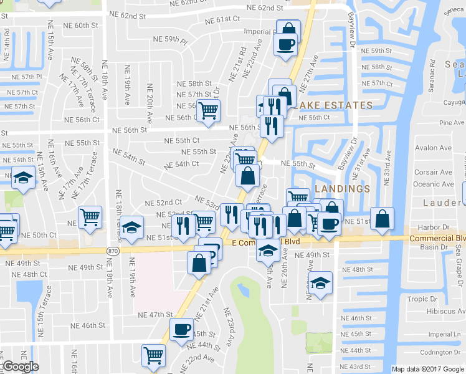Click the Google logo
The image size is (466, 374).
21,367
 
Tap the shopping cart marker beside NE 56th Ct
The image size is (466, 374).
208,110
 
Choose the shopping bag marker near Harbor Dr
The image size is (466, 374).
383,218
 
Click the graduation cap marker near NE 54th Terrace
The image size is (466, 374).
23,178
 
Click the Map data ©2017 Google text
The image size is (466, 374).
428,369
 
